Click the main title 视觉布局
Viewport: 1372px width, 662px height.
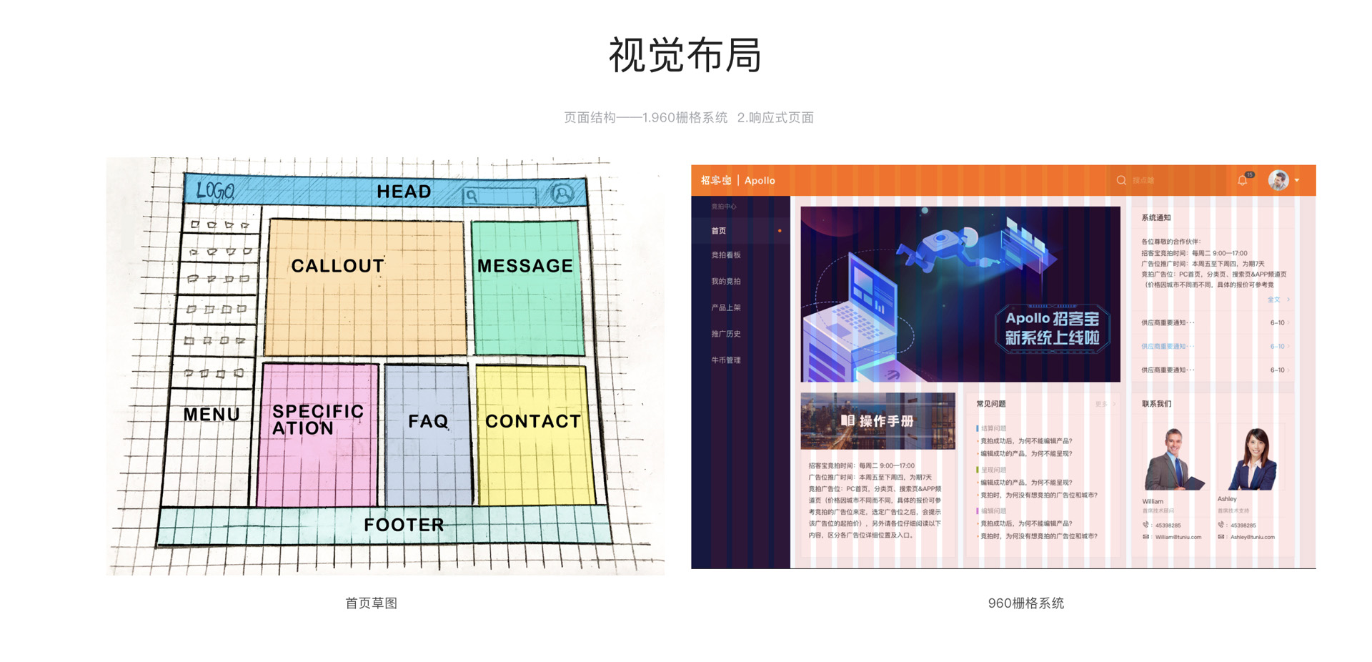685,55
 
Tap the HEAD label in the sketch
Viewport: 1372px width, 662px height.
404,192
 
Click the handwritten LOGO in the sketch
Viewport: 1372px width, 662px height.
215,190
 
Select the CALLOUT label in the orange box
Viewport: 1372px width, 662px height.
337,266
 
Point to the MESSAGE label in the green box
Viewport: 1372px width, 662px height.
525,266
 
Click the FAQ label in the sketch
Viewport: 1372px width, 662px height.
428,421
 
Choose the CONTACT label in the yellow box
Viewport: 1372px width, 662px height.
533,421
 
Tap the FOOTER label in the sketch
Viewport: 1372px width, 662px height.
404,525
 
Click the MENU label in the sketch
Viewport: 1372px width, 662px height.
212,414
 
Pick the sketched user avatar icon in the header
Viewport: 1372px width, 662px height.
562,193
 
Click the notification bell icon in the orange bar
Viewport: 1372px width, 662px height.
1243,181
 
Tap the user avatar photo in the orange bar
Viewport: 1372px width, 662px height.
1278,180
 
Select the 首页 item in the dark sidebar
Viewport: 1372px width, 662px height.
719,230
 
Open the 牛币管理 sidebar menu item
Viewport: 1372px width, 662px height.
725,360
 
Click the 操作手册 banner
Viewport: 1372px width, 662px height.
878,420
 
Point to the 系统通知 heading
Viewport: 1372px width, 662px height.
1155,217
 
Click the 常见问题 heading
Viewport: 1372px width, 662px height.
990,404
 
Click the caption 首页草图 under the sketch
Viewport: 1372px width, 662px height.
371,603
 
